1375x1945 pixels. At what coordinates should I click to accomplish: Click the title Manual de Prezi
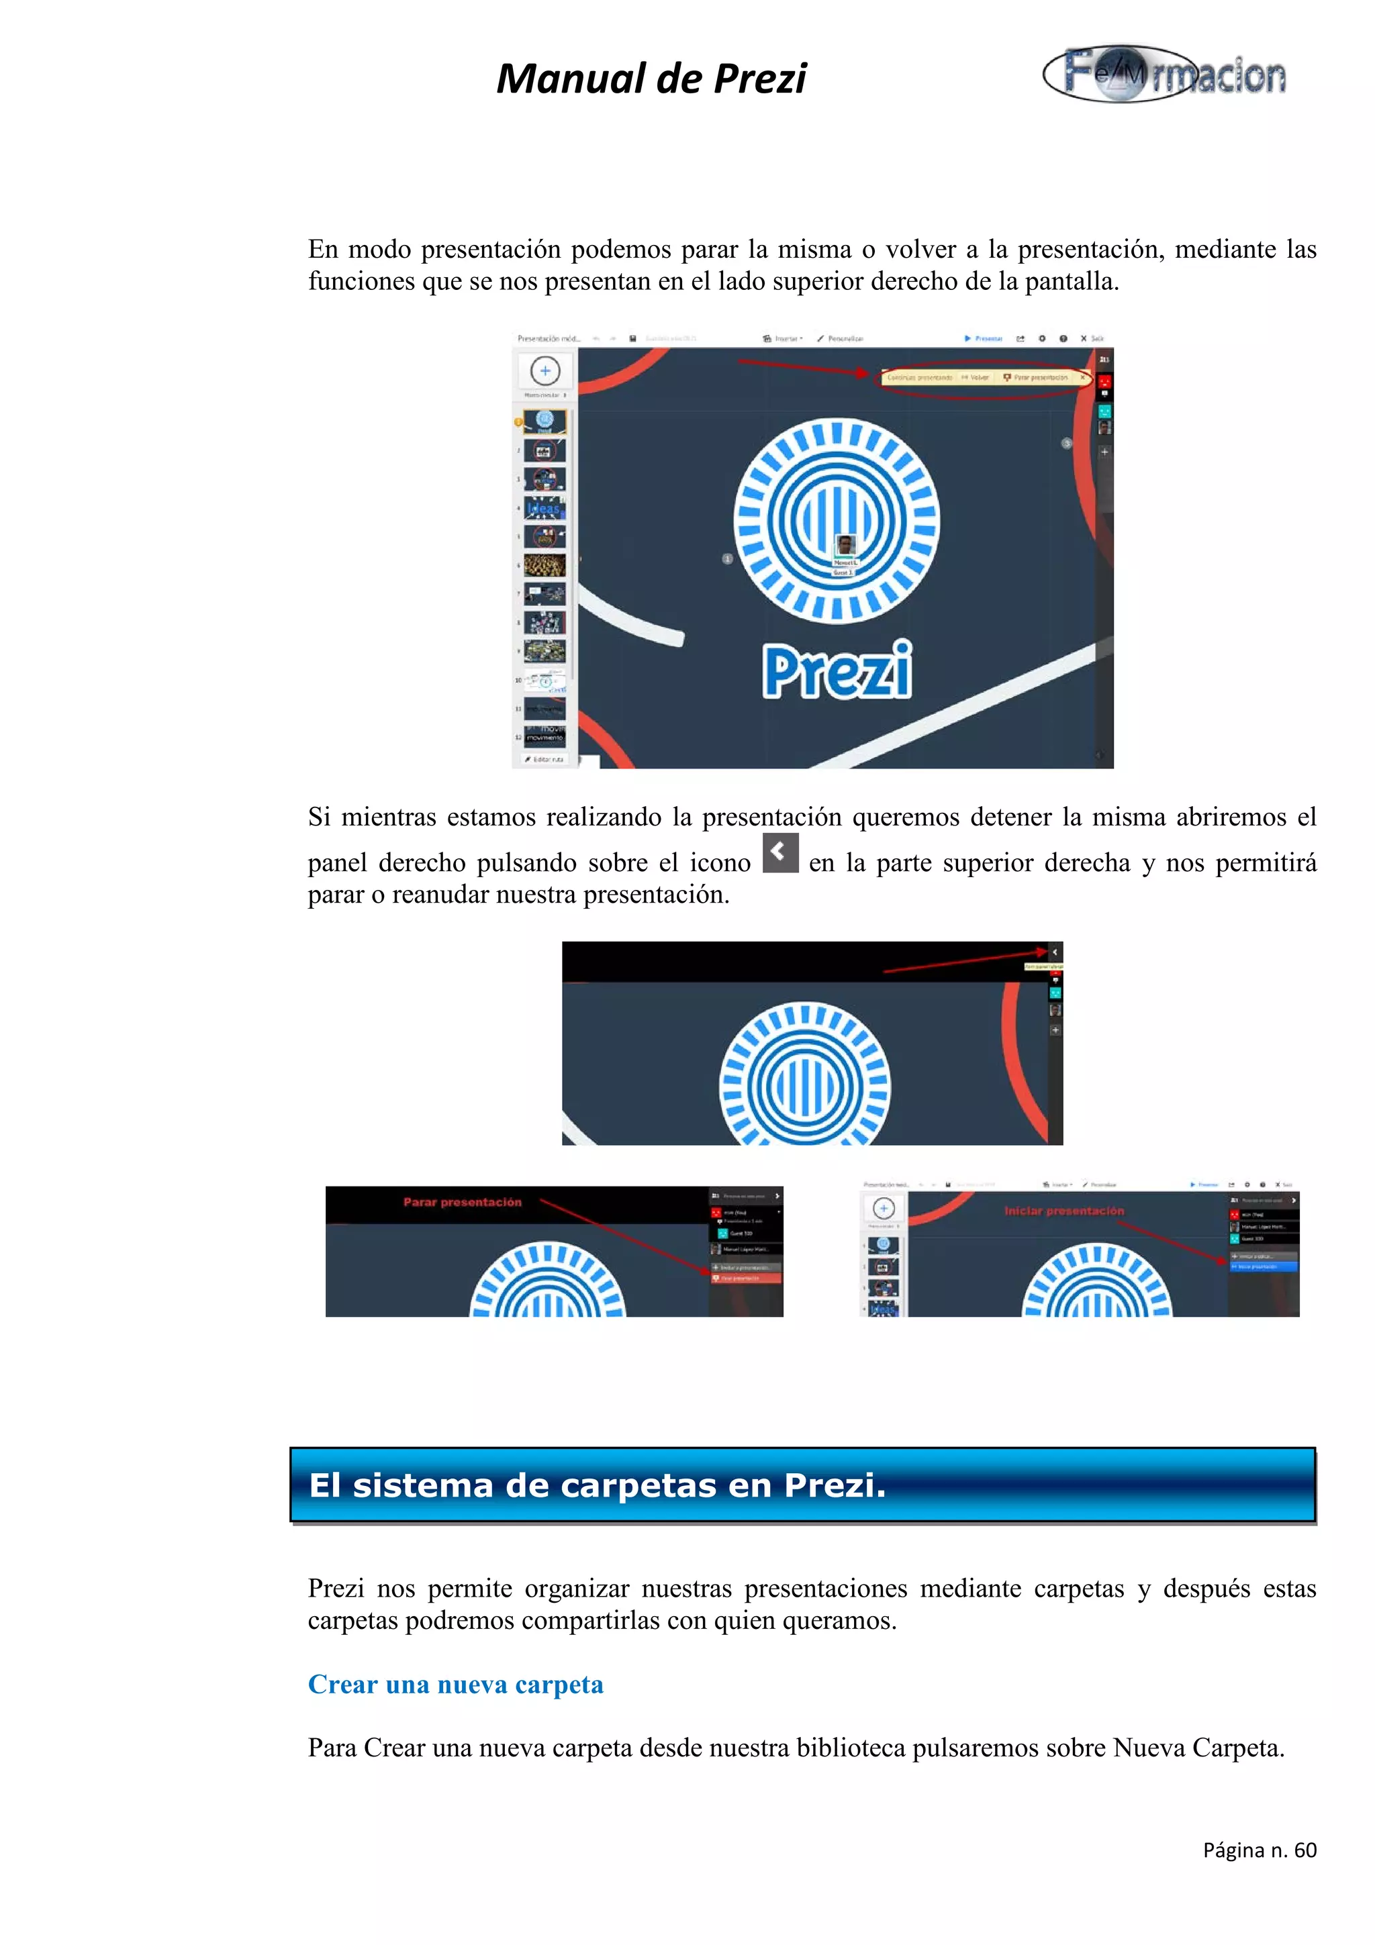[651, 79]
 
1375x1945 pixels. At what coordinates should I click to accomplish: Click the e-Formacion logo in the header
[1165, 74]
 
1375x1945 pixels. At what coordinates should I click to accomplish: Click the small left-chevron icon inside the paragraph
[779, 852]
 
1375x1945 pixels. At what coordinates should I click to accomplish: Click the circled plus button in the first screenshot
[544, 371]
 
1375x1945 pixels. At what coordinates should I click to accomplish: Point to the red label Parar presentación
[462, 1202]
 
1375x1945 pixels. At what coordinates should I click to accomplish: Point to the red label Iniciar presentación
[1064, 1211]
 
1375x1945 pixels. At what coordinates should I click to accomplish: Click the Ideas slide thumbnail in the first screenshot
[544, 508]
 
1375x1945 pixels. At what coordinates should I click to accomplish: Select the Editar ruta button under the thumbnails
[544, 759]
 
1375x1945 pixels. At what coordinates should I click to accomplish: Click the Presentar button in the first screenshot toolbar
[984, 338]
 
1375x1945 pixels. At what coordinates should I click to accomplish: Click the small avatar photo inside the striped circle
[845, 545]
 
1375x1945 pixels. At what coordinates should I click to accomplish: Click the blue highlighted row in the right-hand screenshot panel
[1262, 1266]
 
